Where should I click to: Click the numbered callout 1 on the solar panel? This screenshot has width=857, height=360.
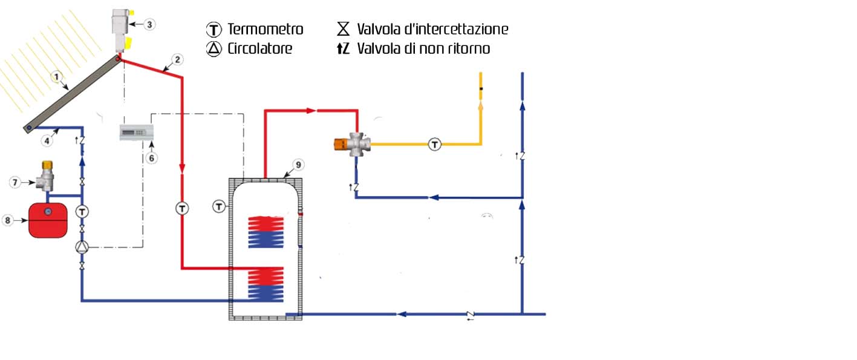[x=56, y=77]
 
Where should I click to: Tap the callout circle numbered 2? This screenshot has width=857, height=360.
[x=177, y=59]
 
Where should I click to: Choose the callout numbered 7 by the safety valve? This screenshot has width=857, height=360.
[x=17, y=182]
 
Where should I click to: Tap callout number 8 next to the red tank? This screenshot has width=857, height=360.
[x=8, y=221]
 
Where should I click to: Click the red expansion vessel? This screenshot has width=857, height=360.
[x=48, y=221]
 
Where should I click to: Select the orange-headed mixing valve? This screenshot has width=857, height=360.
[x=350, y=145]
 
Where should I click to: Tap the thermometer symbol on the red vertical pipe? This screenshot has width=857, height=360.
[x=182, y=208]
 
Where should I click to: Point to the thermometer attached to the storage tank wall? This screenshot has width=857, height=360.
[x=219, y=207]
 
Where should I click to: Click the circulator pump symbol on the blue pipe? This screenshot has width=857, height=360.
[x=82, y=247]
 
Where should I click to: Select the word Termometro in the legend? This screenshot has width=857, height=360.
[x=265, y=29]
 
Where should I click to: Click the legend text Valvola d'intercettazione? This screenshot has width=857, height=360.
[x=432, y=29]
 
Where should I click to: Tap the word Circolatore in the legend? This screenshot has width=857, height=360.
[x=259, y=49]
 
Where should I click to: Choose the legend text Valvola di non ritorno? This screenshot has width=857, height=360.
[x=423, y=49]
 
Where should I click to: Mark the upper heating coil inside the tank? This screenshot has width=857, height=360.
[x=266, y=231]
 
